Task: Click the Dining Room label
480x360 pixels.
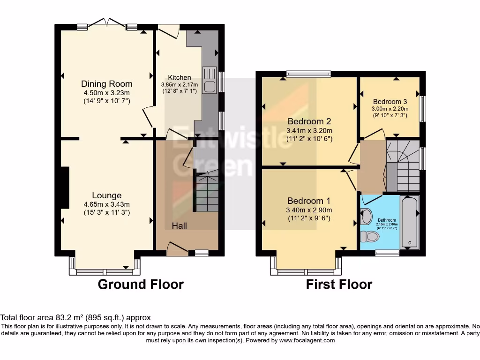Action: pos(107,84)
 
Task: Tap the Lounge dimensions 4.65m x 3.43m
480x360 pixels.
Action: pos(107,204)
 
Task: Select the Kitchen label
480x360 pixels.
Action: pos(180,77)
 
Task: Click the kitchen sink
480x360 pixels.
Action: pos(210,81)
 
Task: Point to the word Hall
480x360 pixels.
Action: pos(179,226)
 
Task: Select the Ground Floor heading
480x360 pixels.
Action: pos(141,284)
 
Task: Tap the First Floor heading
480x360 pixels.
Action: pos(339,284)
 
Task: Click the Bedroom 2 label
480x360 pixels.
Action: pos(309,121)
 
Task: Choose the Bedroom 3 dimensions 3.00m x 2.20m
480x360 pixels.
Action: pos(390,109)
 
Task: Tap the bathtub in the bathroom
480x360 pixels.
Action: pos(410,222)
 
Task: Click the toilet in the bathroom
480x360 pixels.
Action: pos(371,236)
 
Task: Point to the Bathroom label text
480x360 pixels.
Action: pos(387,220)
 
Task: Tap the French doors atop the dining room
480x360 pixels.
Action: pos(107,22)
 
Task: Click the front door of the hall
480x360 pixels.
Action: pos(177,248)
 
